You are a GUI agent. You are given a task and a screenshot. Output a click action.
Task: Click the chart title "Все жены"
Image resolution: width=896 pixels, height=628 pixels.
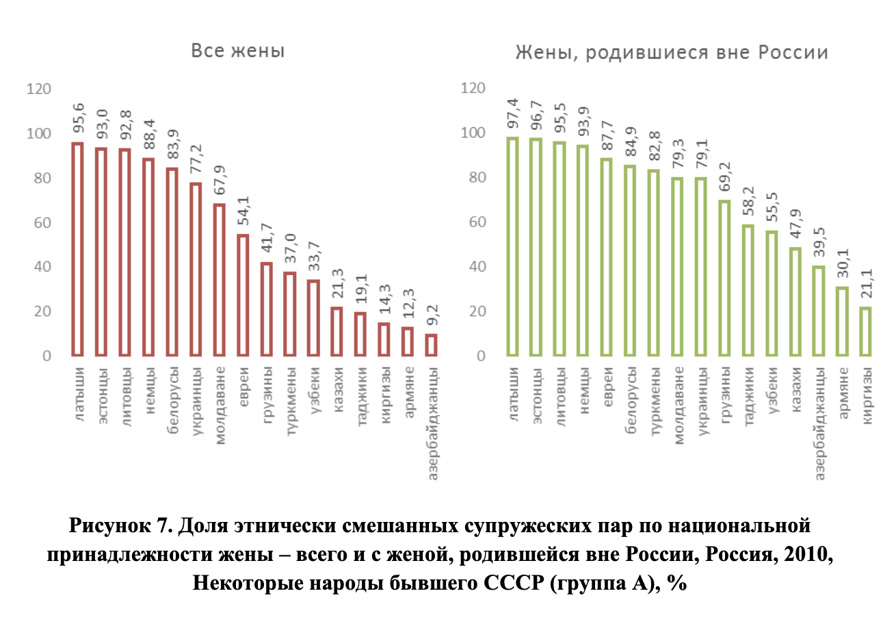237,51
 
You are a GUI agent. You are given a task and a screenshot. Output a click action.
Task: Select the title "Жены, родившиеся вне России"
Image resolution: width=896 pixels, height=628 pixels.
671,53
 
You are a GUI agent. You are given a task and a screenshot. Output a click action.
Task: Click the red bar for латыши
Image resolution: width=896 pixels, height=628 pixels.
77,249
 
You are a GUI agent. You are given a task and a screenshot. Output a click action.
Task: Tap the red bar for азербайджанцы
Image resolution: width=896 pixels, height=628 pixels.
431,345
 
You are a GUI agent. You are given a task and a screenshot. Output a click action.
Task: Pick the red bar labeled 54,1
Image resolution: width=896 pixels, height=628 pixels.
242,295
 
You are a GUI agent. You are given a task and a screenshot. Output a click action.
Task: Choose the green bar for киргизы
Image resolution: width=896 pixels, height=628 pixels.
865,331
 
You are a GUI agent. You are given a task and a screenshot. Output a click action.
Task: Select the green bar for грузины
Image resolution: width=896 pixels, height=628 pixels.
724,278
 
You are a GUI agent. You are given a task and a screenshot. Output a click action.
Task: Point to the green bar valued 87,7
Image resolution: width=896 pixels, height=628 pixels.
606,257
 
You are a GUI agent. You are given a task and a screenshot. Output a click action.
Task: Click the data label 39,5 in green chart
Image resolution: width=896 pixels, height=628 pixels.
818,245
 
